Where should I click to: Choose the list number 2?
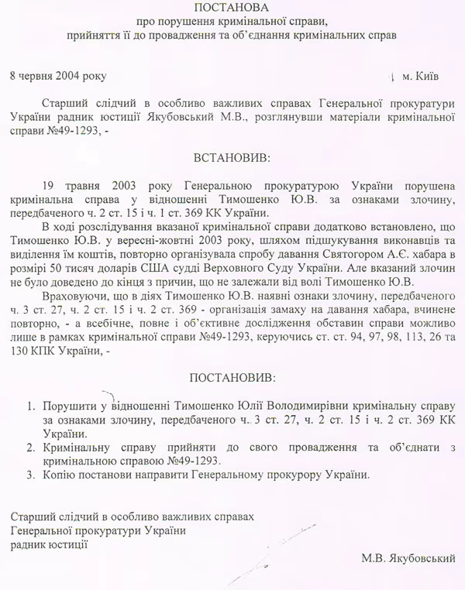coord(30,447)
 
